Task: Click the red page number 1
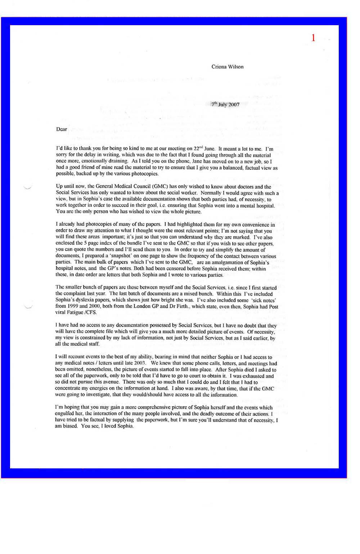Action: [313, 38]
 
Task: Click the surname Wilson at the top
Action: [235, 67]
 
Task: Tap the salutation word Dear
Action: [62, 129]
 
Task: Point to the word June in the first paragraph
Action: [210, 149]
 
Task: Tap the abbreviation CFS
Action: [91, 313]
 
